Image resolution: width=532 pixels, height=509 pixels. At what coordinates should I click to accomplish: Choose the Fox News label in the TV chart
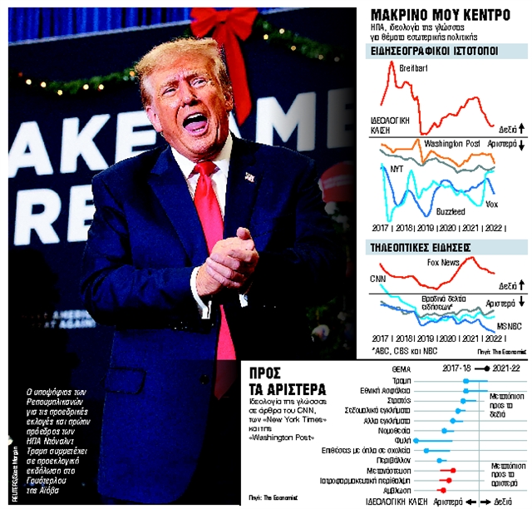443,263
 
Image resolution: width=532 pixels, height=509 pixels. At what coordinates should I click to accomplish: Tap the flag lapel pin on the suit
249,176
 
